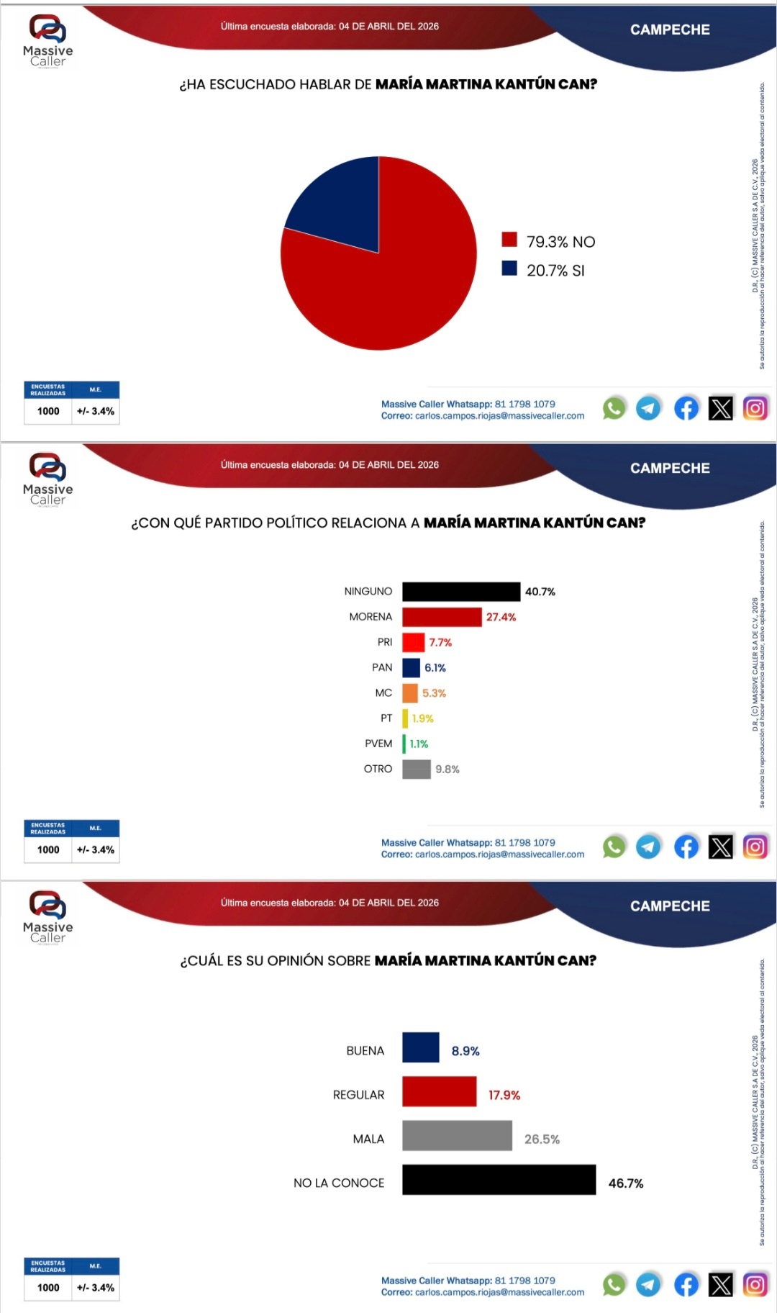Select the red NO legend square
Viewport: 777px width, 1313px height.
pos(509,240)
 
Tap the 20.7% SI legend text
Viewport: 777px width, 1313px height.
pos(555,271)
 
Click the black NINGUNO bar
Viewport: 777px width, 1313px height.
pos(460,592)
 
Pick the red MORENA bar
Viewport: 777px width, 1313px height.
pos(441,617)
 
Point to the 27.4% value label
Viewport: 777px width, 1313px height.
pos(501,617)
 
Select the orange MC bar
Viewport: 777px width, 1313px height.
pos(410,693)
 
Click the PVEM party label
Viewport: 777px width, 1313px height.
pos(378,744)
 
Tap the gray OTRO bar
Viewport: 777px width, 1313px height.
pos(416,769)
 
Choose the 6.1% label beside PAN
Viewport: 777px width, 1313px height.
pos(435,668)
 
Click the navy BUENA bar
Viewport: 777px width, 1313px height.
pos(420,1047)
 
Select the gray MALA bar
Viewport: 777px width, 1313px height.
pos(457,1135)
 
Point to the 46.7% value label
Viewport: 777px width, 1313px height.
pos(626,1183)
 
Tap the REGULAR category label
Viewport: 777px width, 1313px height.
pos(358,1095)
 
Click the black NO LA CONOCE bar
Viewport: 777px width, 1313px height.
pos(499,1179)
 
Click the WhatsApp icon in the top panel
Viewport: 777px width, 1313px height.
pos(614,409)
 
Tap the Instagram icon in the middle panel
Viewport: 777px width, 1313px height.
pos(755,847)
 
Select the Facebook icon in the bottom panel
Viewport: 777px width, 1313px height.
pos(686,1285)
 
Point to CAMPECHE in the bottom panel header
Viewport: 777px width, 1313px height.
pos(670,906)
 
